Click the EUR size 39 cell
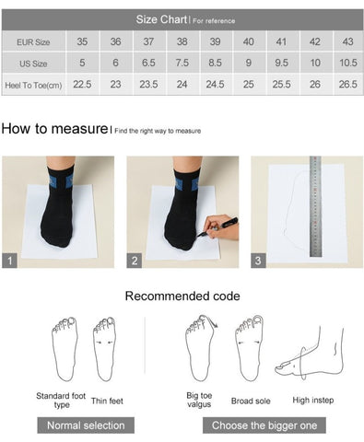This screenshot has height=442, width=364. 215,41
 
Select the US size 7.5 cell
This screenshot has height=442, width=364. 182,63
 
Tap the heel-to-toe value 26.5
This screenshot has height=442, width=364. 348,84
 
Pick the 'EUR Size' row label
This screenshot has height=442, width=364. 33,42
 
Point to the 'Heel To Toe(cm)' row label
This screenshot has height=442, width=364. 33,85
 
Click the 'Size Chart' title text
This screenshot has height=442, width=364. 161,19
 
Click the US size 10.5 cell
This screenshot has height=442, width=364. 348,63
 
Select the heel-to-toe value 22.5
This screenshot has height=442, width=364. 82,84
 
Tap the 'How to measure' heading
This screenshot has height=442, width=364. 54,128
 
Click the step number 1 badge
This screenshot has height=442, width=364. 9,261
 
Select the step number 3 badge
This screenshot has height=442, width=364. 258,261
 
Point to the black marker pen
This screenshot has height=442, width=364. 217,227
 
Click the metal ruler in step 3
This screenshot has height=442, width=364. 315,206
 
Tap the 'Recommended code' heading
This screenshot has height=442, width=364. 182,297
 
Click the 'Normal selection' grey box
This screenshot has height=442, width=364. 86,425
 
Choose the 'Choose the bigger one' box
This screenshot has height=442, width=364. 264,425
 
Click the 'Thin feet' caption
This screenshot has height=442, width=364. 107,401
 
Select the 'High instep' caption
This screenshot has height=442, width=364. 313,400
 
